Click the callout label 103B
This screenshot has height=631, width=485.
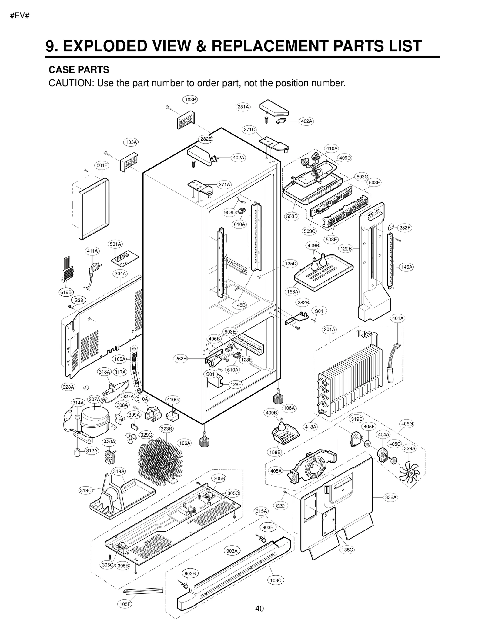[x=190, y=100]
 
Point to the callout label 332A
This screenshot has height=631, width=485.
[x=391, y=497]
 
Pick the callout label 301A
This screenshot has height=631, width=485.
[x=329, y=329]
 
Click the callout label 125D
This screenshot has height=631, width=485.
[x=290, y=264]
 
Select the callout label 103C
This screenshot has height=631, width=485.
[x=276, y=580]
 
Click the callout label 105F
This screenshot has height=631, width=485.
[x=125, y=613]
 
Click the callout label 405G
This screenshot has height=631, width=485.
[x=407, y=424]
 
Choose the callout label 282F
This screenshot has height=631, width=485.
[x=405, y=228]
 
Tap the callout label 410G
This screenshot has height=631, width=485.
[x=172, y=400]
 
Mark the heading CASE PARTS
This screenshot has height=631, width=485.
[x=79, y=70]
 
